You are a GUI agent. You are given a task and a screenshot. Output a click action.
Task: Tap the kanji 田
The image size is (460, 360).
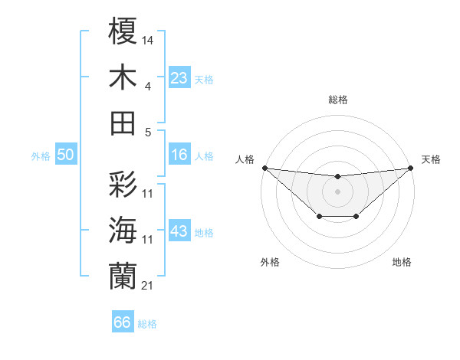(123, 123)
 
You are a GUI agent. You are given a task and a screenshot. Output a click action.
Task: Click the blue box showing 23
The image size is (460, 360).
(179, 77)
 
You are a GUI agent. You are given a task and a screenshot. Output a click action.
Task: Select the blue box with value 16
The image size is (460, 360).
(179, 155)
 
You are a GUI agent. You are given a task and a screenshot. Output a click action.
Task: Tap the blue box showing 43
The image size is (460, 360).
(179, 231)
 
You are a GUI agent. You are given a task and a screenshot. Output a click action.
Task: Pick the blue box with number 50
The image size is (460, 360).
(65, 155)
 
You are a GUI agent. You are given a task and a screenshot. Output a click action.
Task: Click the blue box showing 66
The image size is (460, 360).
(123, 322)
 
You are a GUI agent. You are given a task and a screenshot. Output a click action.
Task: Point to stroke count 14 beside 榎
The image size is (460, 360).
(148, 39)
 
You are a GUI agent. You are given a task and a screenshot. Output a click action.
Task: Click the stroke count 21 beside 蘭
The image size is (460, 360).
(148, 285)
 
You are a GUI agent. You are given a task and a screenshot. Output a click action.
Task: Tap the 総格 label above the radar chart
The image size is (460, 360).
(338, 100)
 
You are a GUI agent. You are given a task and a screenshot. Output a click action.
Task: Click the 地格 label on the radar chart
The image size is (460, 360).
(402, 262)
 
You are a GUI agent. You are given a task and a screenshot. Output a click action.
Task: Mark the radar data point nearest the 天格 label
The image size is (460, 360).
(411, 168)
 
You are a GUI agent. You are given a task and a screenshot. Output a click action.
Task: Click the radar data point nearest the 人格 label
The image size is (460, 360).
(264, 168)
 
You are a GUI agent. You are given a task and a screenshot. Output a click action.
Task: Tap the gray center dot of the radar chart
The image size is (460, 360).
(337, 191)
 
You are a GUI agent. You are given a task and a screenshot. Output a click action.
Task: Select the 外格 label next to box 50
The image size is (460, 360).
(41, 155)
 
